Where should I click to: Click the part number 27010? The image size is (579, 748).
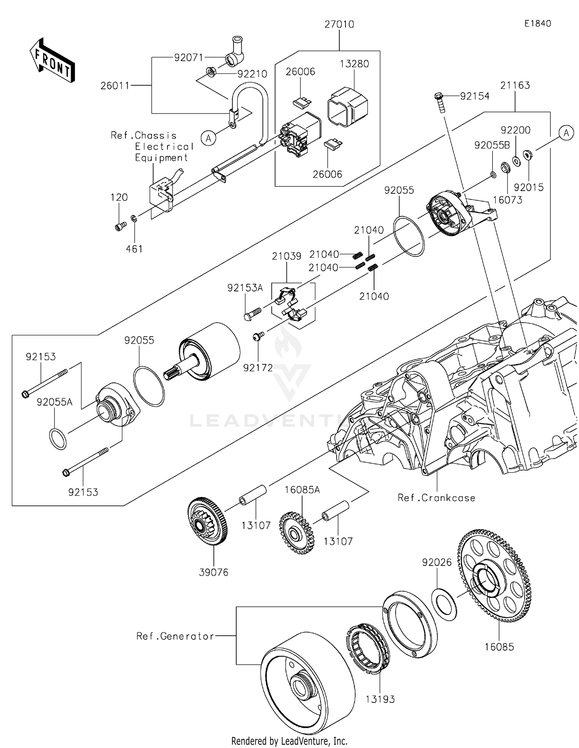tap(339, 24)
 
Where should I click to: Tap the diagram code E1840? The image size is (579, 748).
tap(537, 24)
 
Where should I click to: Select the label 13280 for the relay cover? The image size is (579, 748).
tap(354, 64)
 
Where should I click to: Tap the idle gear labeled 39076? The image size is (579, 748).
tap(207, 521)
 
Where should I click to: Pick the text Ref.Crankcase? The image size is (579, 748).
tap(436, 498)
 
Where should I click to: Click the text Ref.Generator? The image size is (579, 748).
tap(175, 636)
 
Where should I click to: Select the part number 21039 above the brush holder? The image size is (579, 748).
tap(286, 256)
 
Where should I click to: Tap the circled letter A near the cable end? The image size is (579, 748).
tap(208, 138)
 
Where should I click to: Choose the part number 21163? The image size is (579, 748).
tap(515, 85)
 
